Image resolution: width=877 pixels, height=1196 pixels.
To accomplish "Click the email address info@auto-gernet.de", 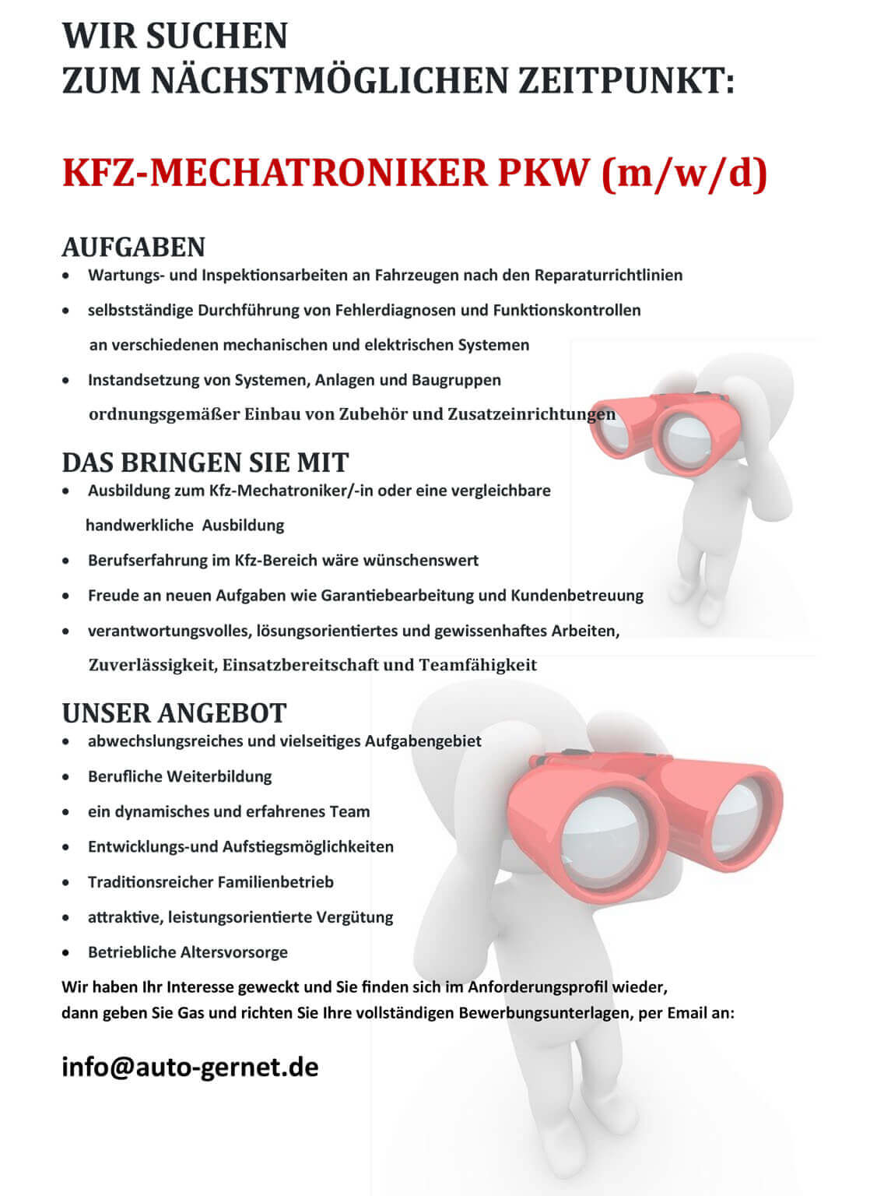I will point(190,1067).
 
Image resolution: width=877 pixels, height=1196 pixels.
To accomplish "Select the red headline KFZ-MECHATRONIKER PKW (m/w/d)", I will point(415,173).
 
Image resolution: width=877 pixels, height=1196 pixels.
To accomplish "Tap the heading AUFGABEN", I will point(133,247).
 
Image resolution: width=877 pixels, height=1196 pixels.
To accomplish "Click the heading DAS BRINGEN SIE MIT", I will point(205,463).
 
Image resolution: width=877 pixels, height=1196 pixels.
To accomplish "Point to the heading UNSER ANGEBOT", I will point(174,712).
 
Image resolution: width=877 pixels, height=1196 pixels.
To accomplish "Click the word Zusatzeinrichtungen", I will point(531,413).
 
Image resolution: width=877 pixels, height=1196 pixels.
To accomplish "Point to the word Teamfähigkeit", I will point(478,665).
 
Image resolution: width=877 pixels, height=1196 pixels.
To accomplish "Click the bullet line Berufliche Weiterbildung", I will point(180,776).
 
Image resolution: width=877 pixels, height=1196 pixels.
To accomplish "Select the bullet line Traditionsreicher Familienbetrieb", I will point(210,882).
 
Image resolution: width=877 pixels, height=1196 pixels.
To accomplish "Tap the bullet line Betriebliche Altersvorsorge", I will point(188,952).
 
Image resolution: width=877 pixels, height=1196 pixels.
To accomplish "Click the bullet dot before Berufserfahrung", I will point(68,561).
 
